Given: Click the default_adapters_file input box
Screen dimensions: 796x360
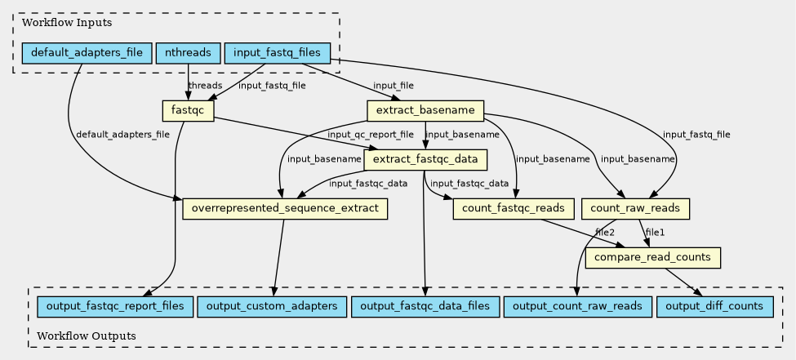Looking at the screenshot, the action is coord(87,53).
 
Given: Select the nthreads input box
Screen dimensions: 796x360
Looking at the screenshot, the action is coord(189,53).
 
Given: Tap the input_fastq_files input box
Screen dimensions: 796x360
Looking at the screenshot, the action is coord(278,53).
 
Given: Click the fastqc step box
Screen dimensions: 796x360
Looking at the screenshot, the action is coord(189,111).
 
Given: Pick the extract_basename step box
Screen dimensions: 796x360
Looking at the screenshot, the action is coord(425,111).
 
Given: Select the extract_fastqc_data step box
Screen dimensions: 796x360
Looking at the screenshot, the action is coord(425,160).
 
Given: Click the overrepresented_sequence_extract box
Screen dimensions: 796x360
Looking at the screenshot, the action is coord(285,209).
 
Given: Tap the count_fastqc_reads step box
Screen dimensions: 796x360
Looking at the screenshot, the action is coord(514,209).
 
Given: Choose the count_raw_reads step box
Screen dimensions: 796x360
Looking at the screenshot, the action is coord(636,209).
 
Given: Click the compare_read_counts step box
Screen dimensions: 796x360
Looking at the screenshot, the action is coord(652,258).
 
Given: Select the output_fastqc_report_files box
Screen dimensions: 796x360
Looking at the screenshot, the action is coord(115,307).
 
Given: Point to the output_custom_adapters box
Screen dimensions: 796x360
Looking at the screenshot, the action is coord(272,307).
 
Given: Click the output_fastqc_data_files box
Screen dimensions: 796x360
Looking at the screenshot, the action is coord(425,307).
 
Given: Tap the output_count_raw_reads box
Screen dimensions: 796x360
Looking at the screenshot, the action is coord(578,307).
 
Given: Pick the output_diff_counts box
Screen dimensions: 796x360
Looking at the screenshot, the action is coord(715,307).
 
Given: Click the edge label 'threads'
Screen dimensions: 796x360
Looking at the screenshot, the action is coord(205,85).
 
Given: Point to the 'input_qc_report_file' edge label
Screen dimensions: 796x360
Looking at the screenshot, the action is coord(371,135).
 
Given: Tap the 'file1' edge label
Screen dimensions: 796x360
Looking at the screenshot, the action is coord(655,233).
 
